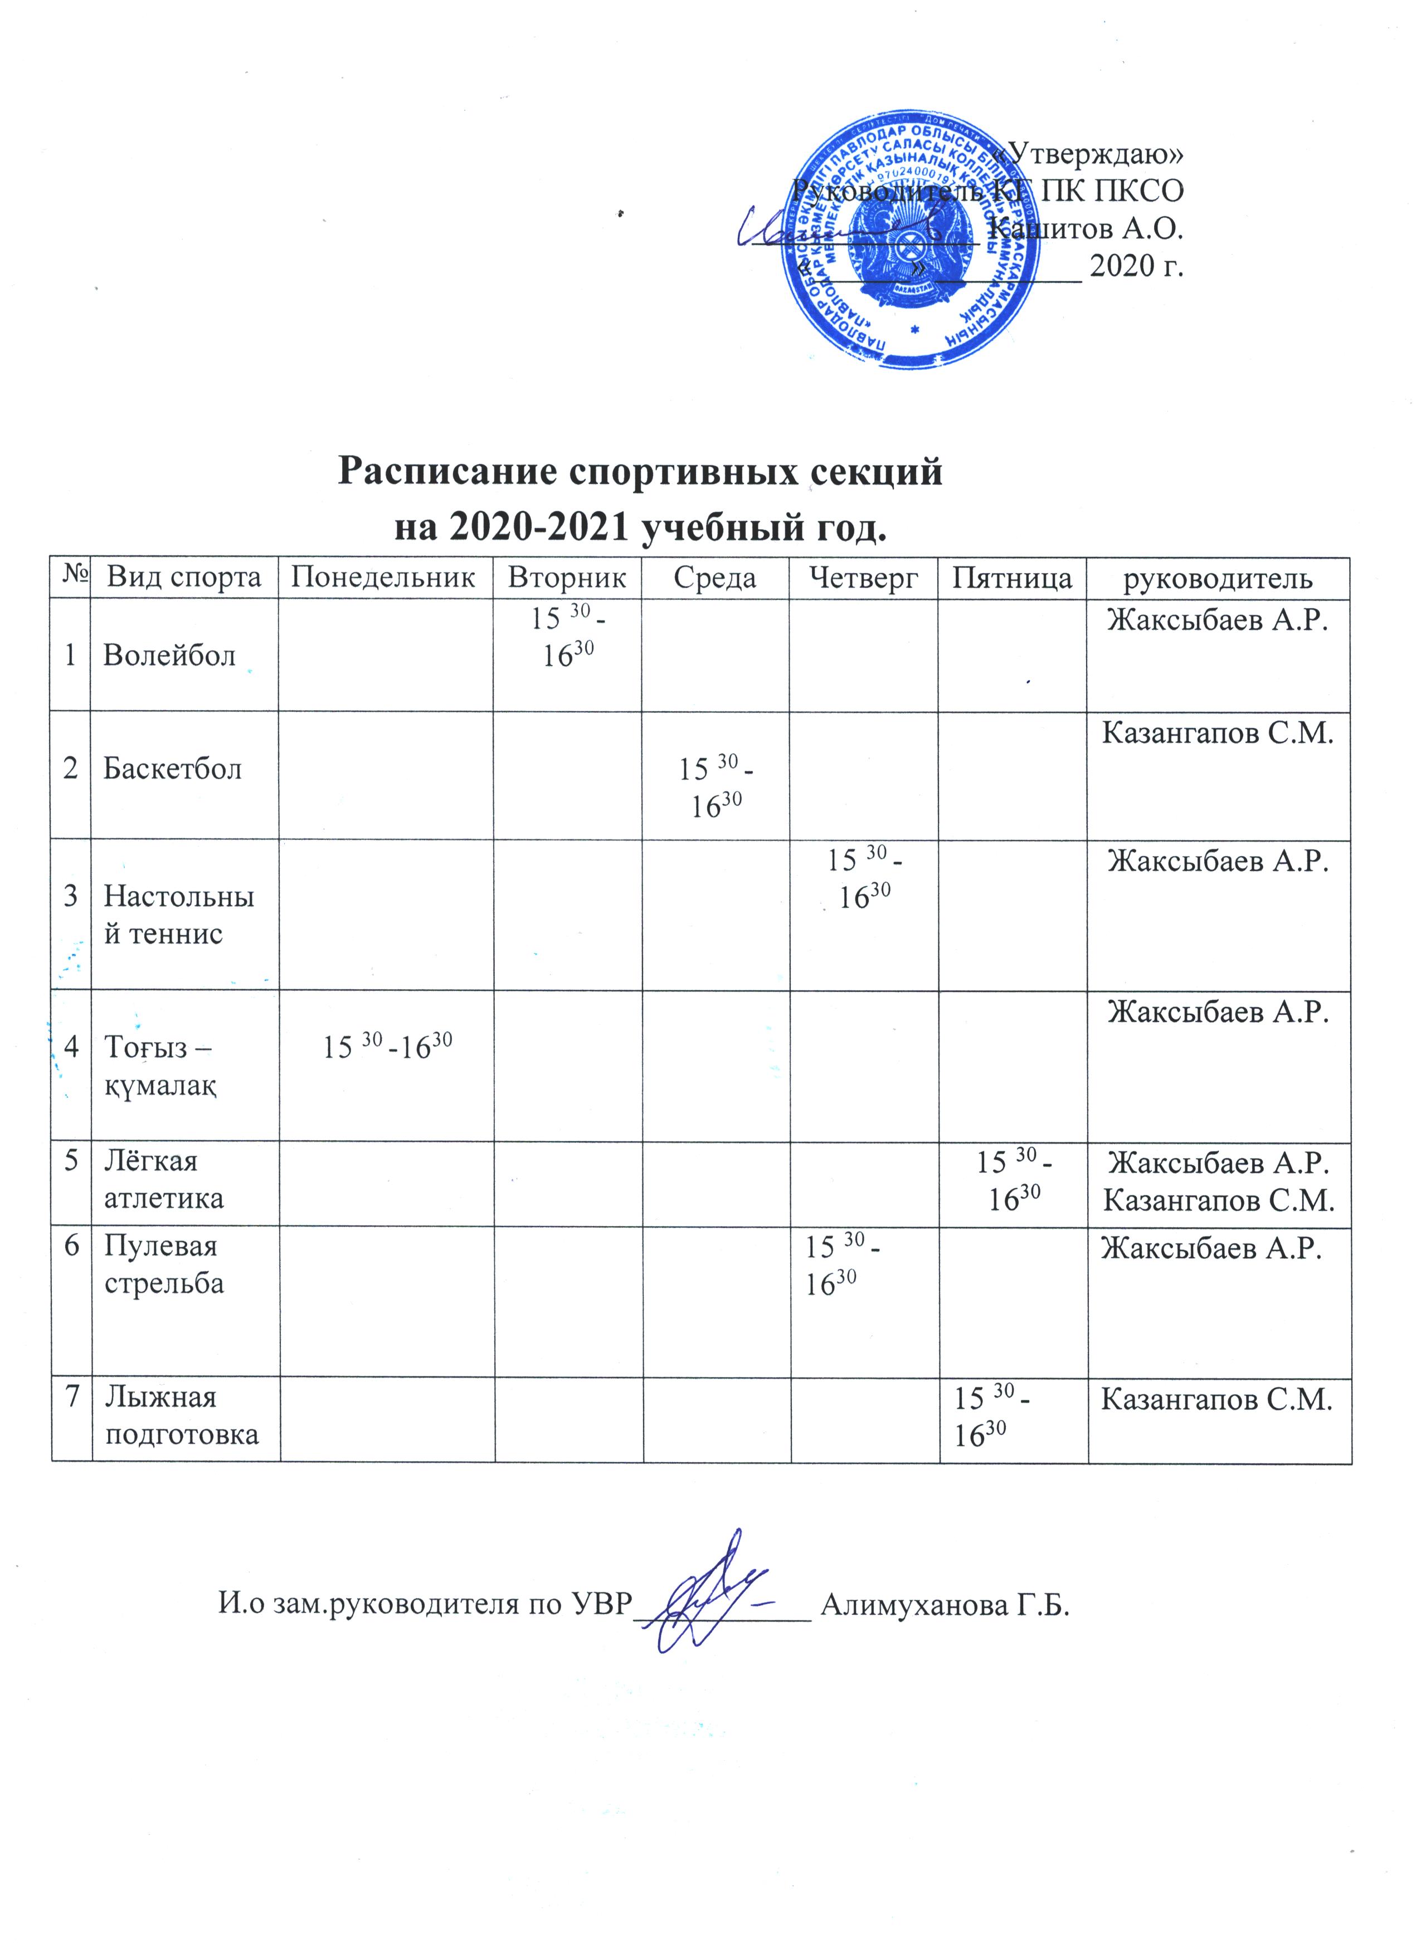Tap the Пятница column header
1011,577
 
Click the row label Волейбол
169,657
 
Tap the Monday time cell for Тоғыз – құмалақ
387,1047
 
